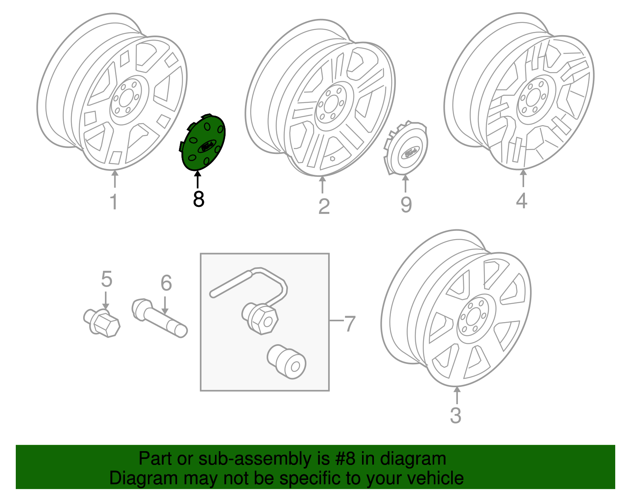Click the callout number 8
[x=198, y=199]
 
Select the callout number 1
[x=114, y=202]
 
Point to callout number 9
[x=406, y=204]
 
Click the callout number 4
[x=521, y=201]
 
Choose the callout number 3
[x=456, y=416]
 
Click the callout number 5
[x=106, y=279]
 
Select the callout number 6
[x=166, y=283]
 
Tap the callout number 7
[x=350, y=324]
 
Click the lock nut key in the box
[x=287, y=362]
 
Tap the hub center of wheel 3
[x=473, y=316]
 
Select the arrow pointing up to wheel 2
[x=323, y=184]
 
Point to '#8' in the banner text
[x=345, y=459]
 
